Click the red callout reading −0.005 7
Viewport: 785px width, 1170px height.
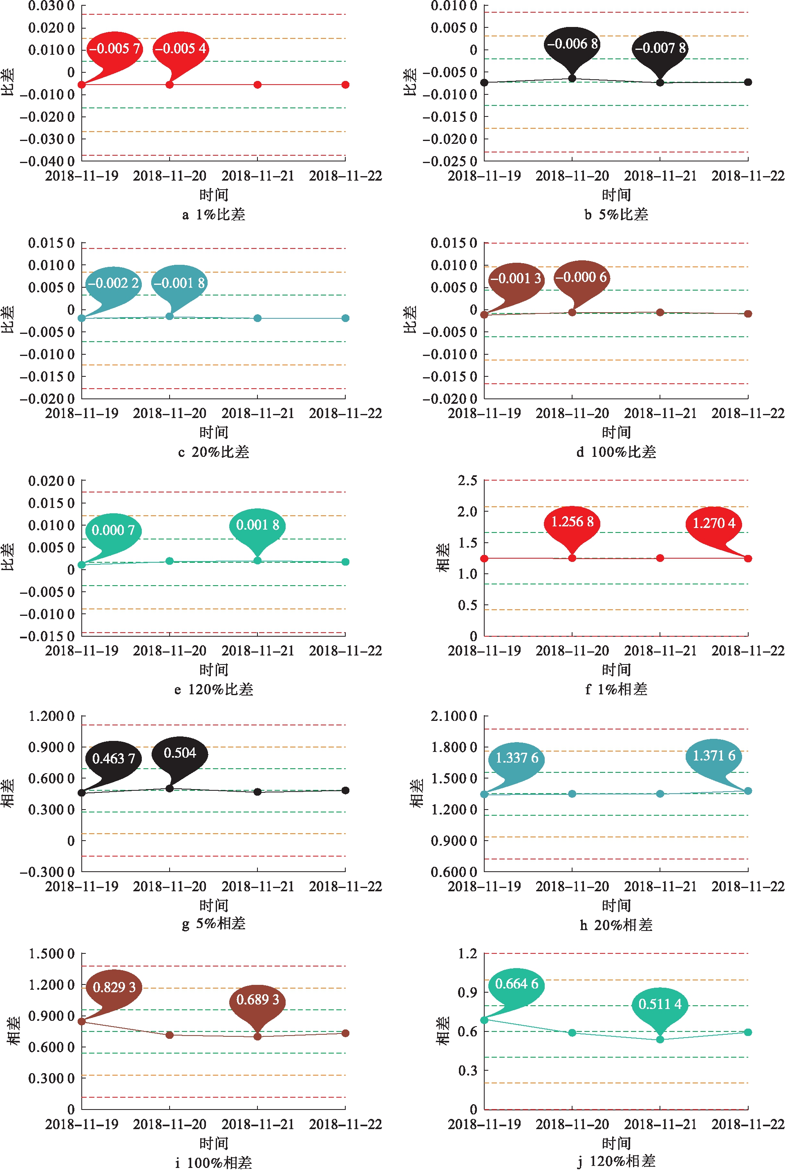click(x=114, y=49)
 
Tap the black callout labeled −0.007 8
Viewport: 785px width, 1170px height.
click(x=660, y=48)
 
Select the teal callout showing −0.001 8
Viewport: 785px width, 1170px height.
click(x=179, y=283)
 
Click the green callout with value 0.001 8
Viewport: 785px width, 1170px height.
click(x=257, y=525)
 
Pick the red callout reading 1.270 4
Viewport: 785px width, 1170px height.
click(x=713, y=523)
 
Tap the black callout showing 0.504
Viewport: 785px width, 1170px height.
click(x=180, y=753)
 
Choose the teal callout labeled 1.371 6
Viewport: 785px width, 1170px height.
click(x=713, y=756)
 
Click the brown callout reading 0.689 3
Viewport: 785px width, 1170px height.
click(x=257, y=1000)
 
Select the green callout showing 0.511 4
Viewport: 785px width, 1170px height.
click(x=660, y=1004)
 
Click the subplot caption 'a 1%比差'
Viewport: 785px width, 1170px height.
click(x=214, y=215)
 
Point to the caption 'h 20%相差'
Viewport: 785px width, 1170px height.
click(x=616, y=925)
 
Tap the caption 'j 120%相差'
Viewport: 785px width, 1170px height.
click(x=616, y=1161)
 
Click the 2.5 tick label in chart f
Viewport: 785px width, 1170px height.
click(x=467, y=481)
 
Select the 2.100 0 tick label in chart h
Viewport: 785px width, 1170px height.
click(x=454, y=716)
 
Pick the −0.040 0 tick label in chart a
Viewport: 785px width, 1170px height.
click(x=47, y=161)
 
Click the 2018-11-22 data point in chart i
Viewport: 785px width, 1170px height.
click(x=345, y=1034)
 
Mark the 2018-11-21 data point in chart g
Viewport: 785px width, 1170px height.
click(x=257, y=792)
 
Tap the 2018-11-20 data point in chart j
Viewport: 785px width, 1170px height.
click(x=572, y=1033)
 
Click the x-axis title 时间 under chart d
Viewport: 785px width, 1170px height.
click(x=616, y=432)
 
